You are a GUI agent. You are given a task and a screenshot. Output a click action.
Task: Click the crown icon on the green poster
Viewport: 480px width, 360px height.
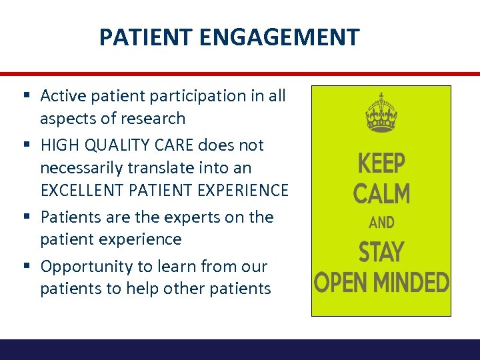coord(381,113)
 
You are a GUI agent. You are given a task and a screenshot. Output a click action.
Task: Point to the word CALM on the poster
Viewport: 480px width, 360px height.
coord(381,193)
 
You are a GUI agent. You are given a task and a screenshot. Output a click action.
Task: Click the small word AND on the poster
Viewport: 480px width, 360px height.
coord(381,223)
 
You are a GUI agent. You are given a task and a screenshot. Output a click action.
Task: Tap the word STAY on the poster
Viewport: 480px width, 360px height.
coord(381,253)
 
